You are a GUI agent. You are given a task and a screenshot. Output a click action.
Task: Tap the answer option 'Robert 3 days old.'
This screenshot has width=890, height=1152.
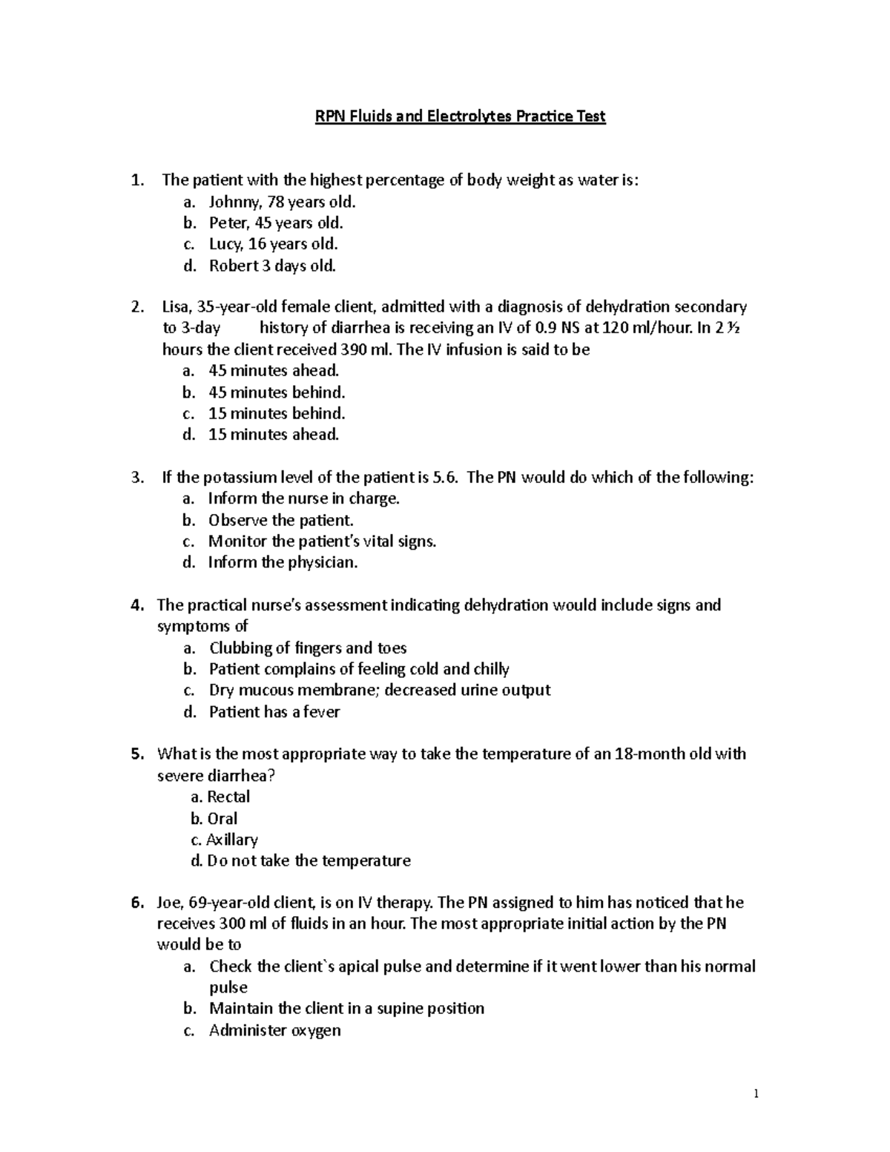[x=272, y=266]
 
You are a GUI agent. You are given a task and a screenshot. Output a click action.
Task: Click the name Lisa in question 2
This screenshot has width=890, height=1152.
[x=175, y=307]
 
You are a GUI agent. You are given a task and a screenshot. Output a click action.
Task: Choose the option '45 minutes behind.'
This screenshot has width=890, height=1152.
[x=277, y=392]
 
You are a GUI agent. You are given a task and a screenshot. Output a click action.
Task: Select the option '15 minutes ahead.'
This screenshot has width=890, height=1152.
[x=274, y=435]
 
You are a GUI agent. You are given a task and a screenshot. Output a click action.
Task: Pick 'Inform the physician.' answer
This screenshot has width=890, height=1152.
[x=283, y=562]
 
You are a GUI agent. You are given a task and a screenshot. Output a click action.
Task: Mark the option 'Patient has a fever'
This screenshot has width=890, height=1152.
[x=274, y=712]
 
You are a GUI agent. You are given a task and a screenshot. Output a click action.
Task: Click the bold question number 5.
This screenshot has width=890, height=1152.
[x=136, y=754]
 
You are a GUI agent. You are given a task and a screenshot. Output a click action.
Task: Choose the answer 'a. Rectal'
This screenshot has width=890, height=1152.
[x=220, y=797]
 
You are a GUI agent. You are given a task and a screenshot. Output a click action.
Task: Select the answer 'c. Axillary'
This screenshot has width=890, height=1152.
[x=224, y=840]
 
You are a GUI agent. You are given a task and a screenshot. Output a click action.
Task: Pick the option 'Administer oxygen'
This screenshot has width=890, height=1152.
[x=274, y=1030]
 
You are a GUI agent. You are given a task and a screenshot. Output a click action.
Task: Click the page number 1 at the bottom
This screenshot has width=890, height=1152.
[x=756, y=1094]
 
